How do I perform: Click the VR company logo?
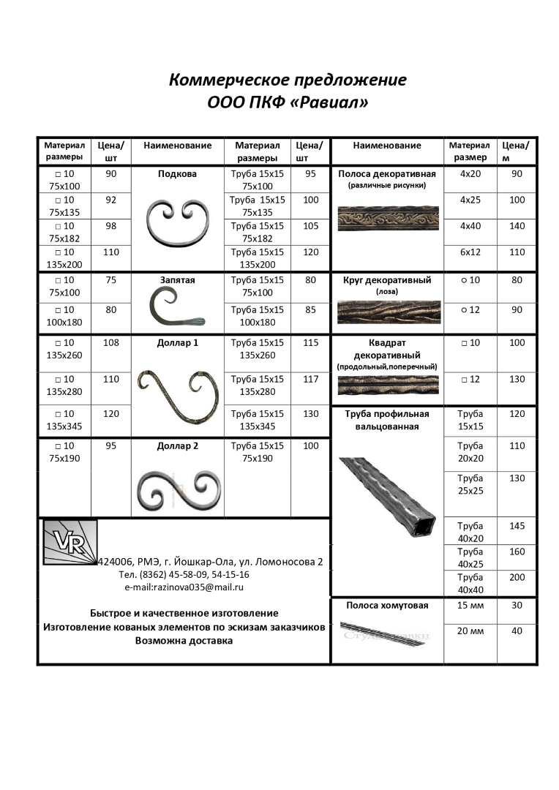click(x=70, y=542)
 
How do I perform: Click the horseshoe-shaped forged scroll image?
click(x=178, y=222)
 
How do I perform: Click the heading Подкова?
click(x=177, y=175)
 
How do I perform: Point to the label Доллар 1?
click(x=178, y=342)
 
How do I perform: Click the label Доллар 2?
click(x=178, y=445)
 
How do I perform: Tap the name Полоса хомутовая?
click(x=387, y=606)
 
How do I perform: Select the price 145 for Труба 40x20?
click(x=517, y=526)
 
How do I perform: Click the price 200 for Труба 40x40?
click(x=517, y=577)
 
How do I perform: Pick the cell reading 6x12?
click(x=470, y=252)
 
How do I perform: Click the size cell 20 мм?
click(x=470, y=631)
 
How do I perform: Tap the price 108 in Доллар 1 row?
click(x=111, y=342)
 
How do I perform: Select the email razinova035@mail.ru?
click(x=184, y=587)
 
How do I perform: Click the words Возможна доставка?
click(x=184, y=641)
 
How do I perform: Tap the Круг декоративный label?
click(x=387, y=280)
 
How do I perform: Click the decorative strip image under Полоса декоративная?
click(x=388, y=218)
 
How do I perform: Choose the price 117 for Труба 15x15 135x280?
click(x=311, y=379)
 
